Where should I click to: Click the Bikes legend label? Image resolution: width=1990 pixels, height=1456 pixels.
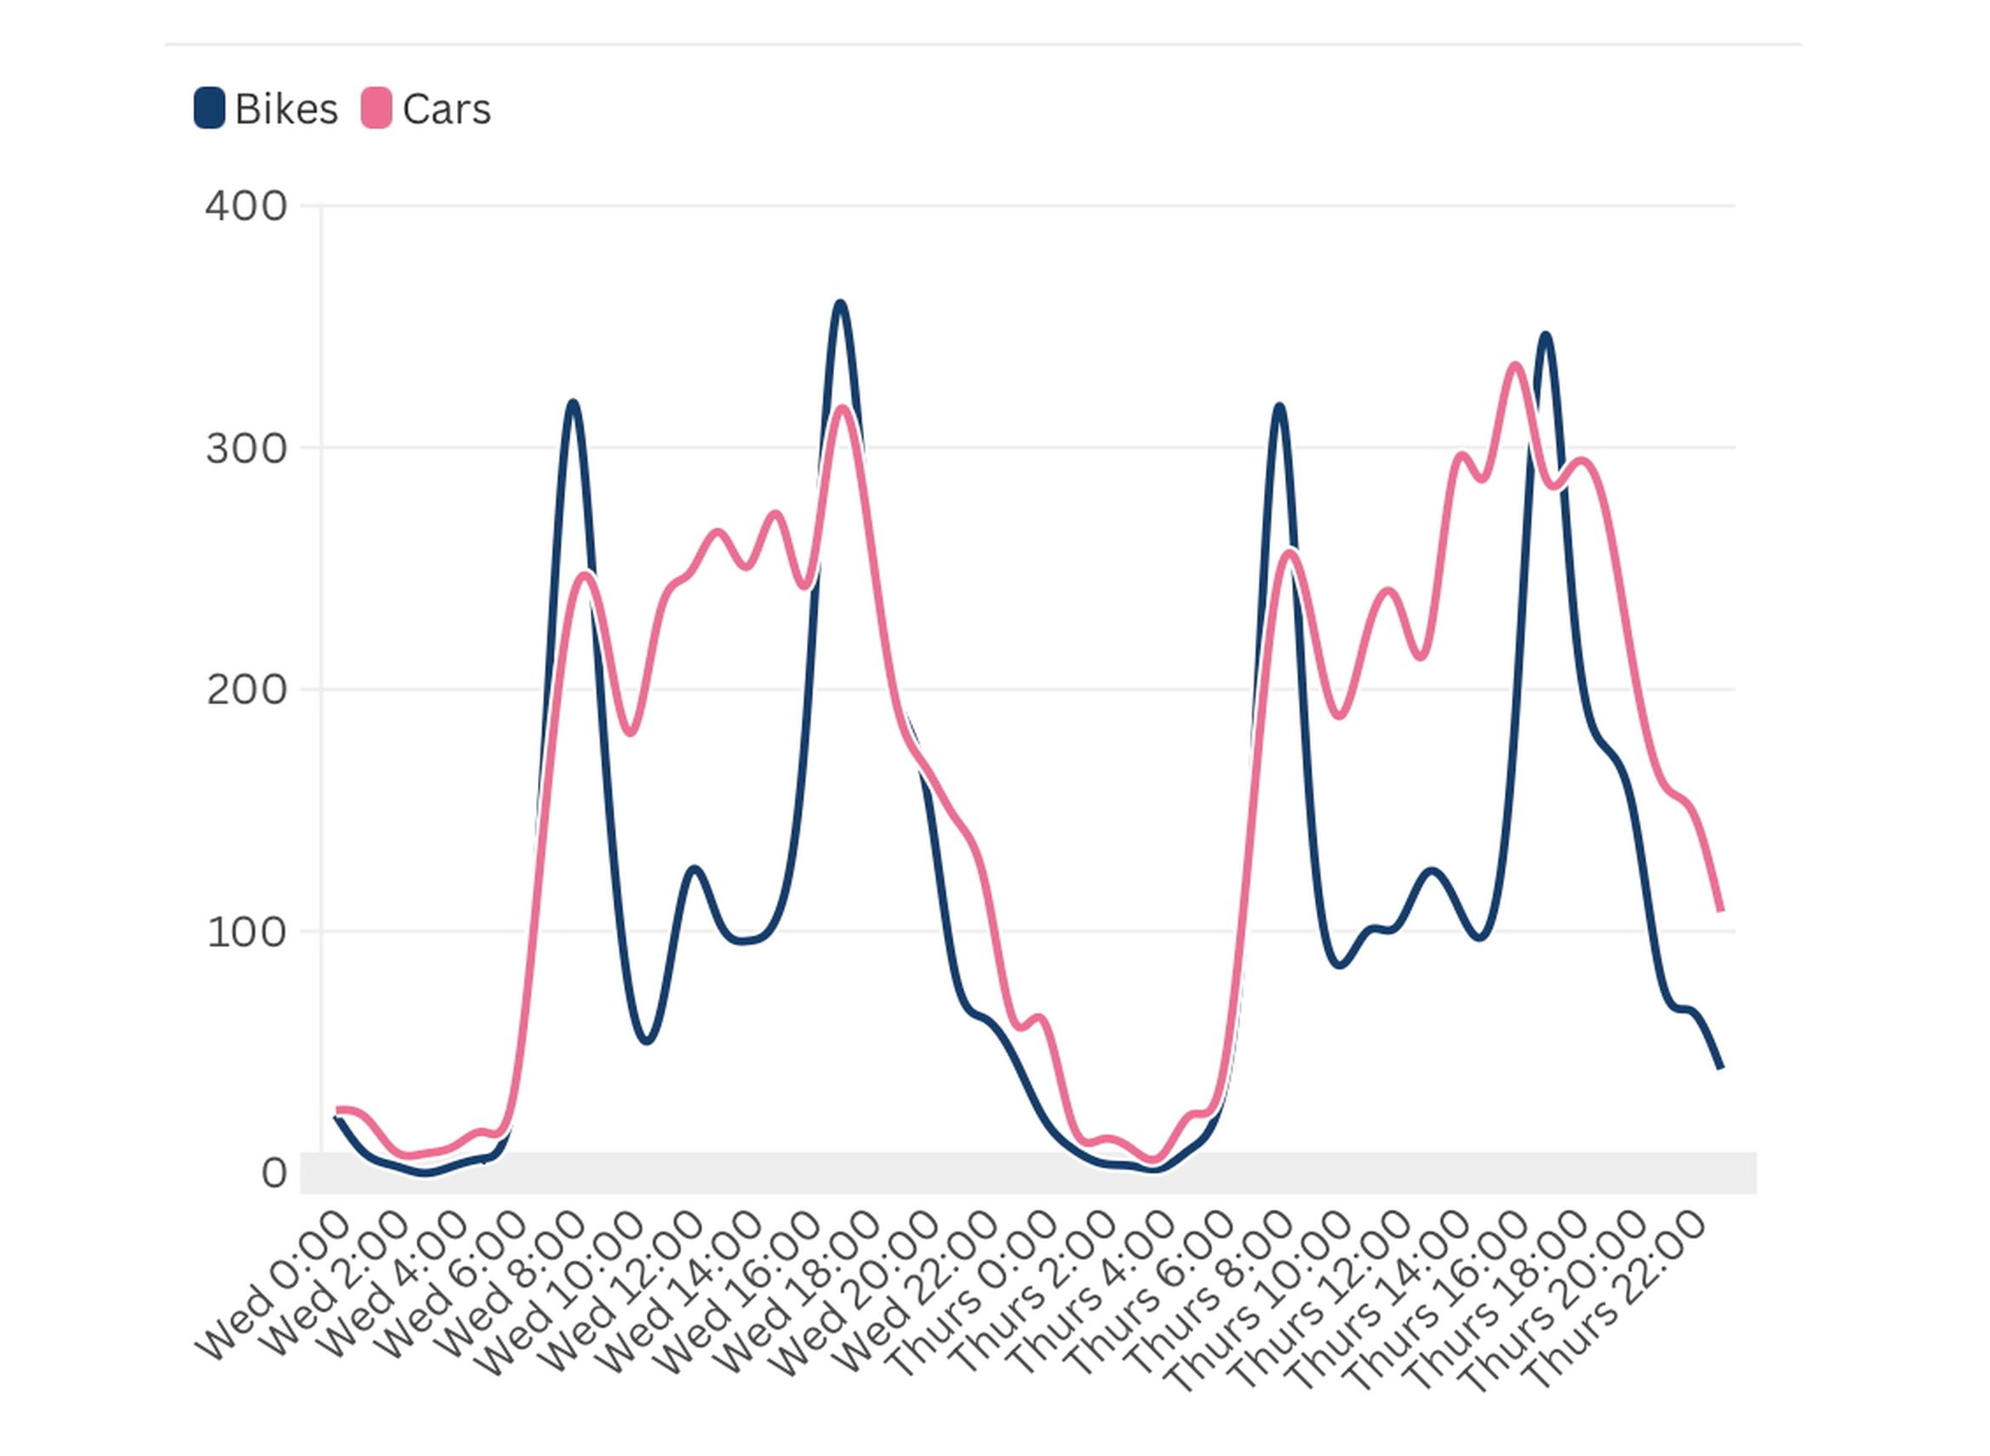coord(285,110)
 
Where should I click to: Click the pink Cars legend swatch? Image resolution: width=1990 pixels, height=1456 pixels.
coord(376,108)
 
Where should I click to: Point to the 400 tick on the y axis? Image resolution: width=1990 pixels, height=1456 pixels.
coord(246,207)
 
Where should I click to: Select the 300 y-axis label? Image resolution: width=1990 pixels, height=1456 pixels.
coord(246,450)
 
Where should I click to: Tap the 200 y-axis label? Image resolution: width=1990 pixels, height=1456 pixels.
coord(246,690)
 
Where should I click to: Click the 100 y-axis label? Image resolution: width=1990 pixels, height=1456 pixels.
coord(246,932)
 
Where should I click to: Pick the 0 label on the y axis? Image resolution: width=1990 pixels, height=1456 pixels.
coord(273,1174)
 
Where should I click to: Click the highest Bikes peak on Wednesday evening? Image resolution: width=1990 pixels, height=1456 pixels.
coord(839,304)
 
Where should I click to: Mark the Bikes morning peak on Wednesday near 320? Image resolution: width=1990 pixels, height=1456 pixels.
coord(574,404)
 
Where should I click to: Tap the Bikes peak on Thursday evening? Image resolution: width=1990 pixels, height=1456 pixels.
coord(1544,335)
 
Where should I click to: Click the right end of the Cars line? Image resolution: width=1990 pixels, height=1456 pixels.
coord(1720,909)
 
